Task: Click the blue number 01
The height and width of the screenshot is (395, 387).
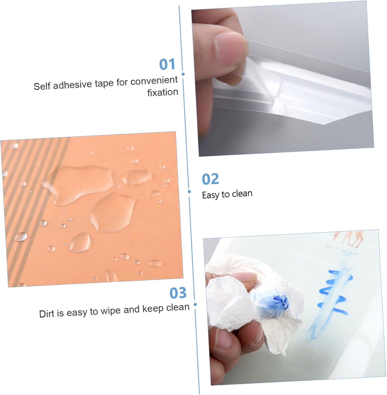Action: pos(167,64)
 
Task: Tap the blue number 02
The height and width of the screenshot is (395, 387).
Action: pos(210,179)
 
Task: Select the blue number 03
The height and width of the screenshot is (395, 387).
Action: pos(178,293)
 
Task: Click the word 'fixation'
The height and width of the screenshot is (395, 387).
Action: pos(163,92)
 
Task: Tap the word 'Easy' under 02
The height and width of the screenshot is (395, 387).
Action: pos(211,195)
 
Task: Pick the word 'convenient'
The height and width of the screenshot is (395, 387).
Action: pos(154,81)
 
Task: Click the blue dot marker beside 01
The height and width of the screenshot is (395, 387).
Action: pos(183,74)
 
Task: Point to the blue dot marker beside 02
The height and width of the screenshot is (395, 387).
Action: pos(189,191)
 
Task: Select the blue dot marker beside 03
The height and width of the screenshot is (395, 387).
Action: pos(195,304)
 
